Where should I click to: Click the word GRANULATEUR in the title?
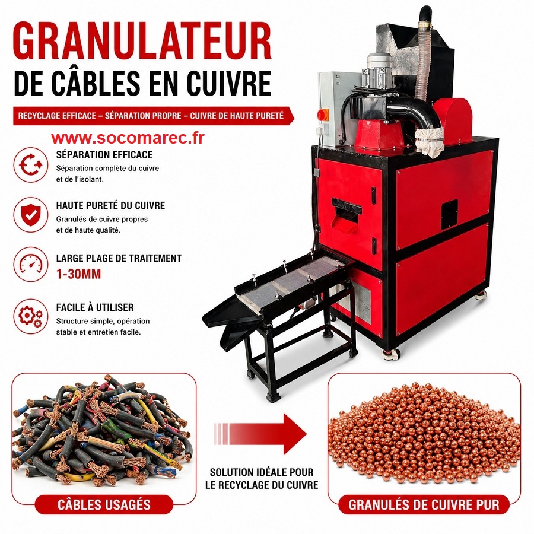[x=142, y=41]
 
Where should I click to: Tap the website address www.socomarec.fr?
[x=128, y=138]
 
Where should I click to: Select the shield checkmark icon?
[x=31, y=215]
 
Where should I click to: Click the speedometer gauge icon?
[x=31, y=264]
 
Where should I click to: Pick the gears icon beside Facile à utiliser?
[x=31, y=316]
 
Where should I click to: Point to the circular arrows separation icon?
[x=31, y=165]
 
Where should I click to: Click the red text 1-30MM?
[x=79, y=274]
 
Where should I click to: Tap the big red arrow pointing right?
[x=260, y=434]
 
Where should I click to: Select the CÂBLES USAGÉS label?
[x=104, y=505]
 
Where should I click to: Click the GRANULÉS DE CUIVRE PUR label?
[x=424, y=505]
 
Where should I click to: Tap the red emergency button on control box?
[x=323, y=115]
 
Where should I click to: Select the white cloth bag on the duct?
[x=430, y=141]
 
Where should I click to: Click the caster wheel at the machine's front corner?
[x=390, y=354]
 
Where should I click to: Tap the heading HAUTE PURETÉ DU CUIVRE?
[x=111, y=206]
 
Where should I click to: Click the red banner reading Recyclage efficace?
[x=153, y=116]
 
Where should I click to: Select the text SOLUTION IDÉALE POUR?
[x=262, y=472]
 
